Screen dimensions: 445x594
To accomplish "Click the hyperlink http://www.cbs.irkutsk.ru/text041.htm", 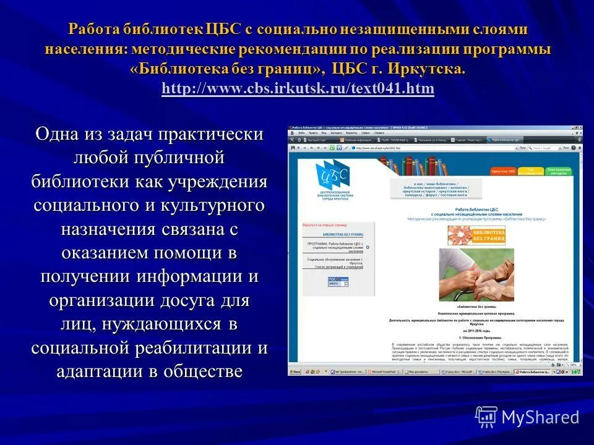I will [x=298, y=88].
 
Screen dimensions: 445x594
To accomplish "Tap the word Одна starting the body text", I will [x=61, y=134].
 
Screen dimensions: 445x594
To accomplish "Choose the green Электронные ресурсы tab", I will [x=558, y=170].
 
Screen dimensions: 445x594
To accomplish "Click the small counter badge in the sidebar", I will [x=338, y=281].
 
